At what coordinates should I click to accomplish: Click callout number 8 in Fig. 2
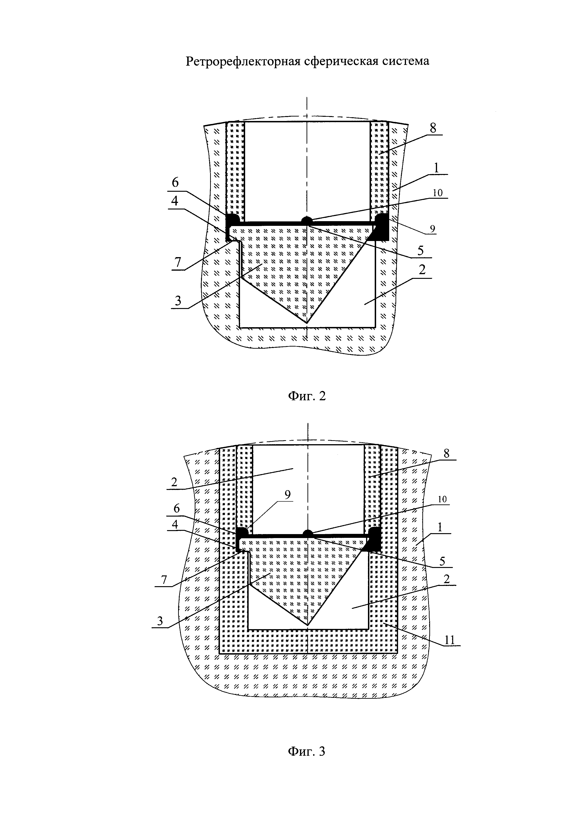point(433,128)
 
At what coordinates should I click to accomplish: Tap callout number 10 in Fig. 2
point(438,193)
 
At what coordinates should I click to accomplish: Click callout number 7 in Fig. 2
point(177,262)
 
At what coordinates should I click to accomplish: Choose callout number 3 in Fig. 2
point(177,301)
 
